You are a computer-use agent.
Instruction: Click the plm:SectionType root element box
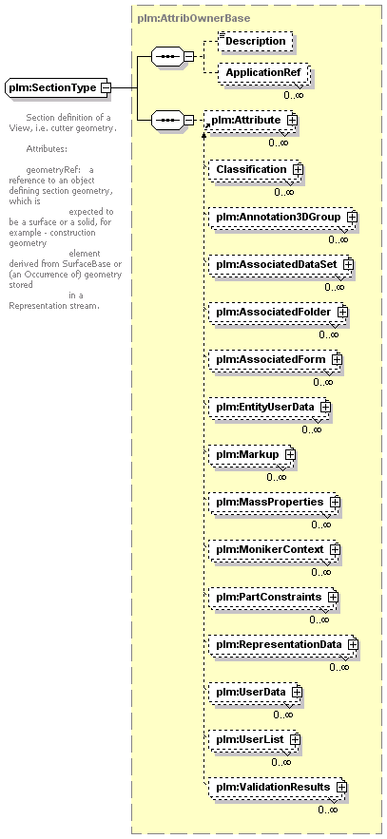pyautogui.click(x=55, y=87)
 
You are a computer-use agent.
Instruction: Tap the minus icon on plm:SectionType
pyautogui.click(x=106, y=87)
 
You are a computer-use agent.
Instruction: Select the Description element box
pyautogui.click(x=256, y=41)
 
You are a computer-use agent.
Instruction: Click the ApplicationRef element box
pyautogui.click(x=263, y=72)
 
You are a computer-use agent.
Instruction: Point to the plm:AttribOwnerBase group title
pyautogui.click(x=194, y=18)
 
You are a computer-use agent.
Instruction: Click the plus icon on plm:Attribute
pyautogui.click(x=292, y=121)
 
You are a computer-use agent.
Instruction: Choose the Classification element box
pyautogui.click(x=255, y=169)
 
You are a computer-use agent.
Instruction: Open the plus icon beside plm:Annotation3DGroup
pyautogui.click(x=352, y=218)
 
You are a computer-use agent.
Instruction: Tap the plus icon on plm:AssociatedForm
pyautogui.click(x=337, y=359)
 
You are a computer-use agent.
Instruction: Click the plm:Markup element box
pyautogui.click(x=252, y=455)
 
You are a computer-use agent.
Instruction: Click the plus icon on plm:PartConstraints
pyautogui.click(x=333, y=596)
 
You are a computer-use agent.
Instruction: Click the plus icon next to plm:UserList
pyautogui.click(x=295, y=739)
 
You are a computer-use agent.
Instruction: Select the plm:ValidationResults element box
pyautogui.click(x=278, y=787)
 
